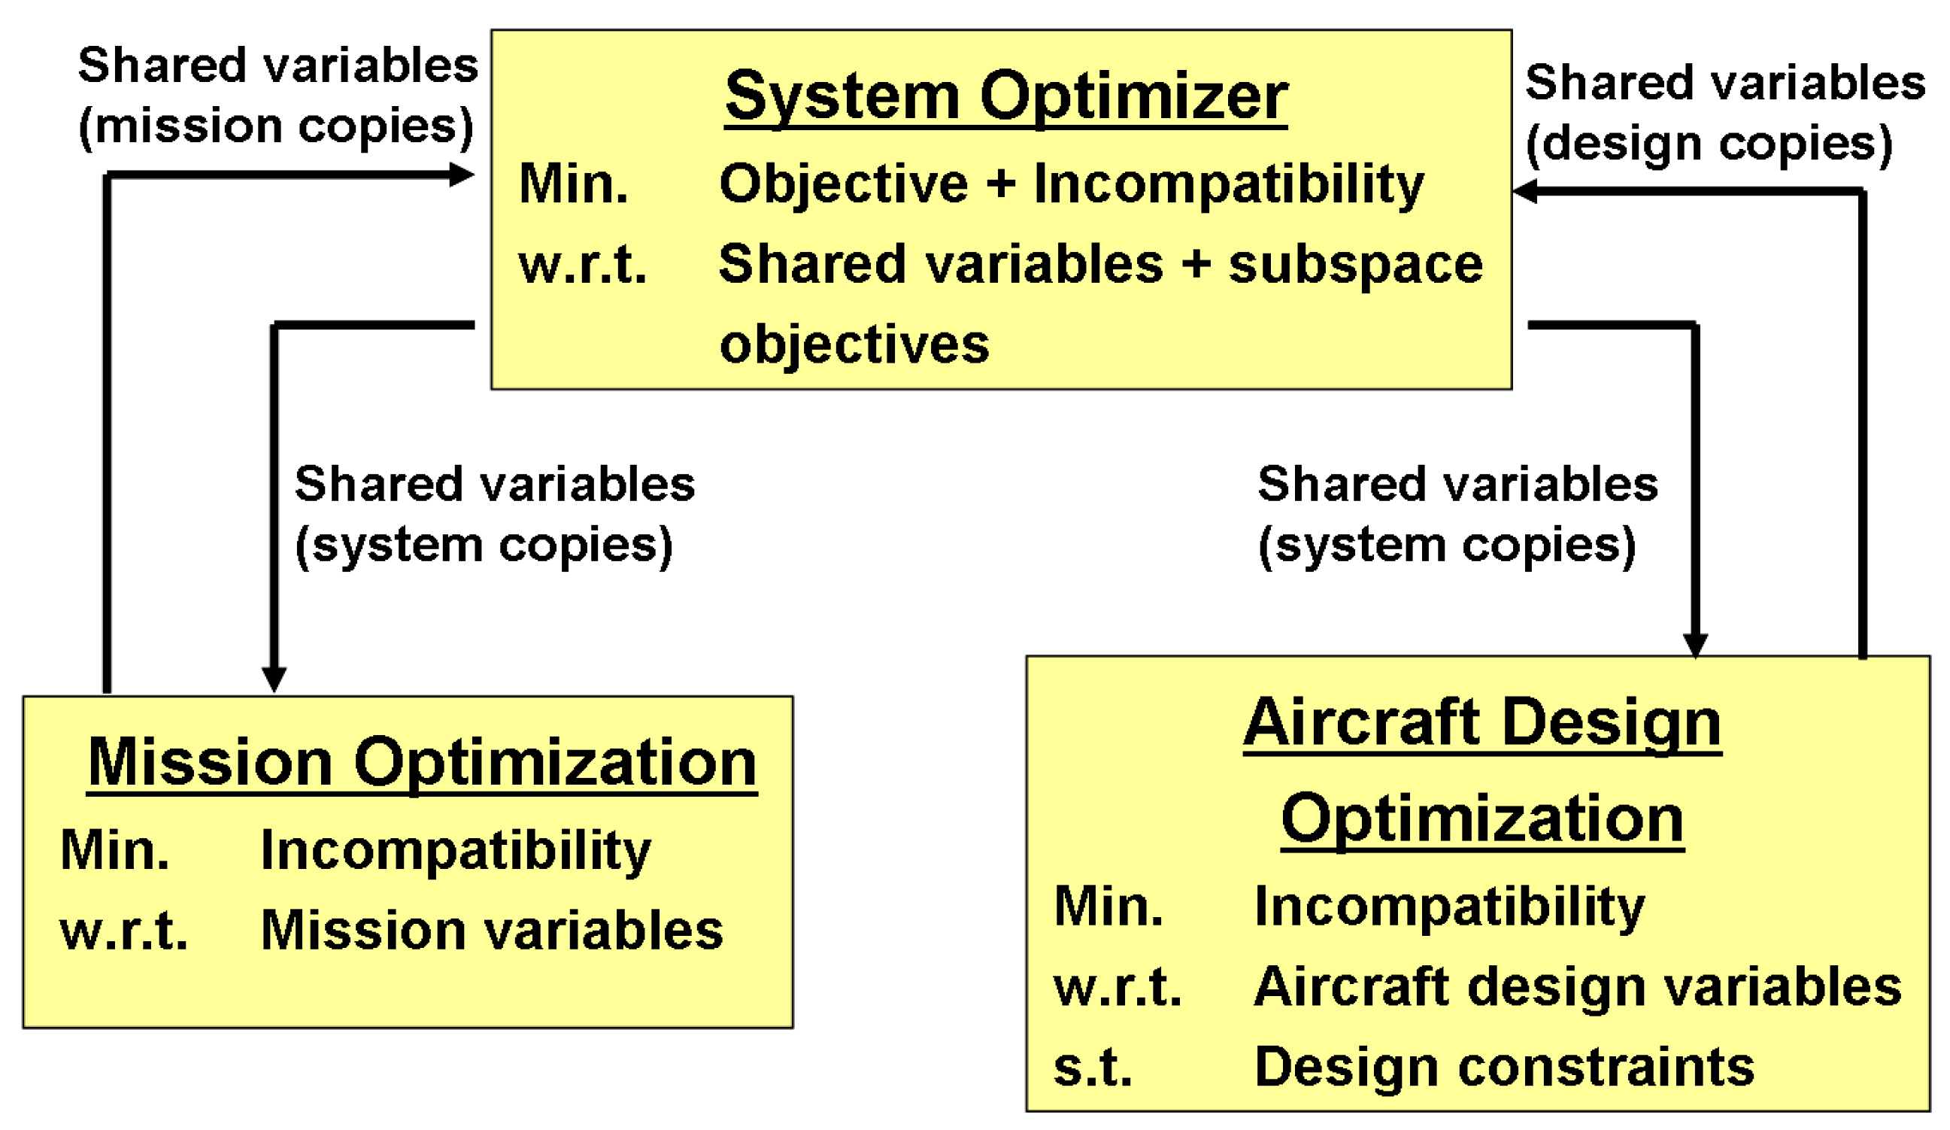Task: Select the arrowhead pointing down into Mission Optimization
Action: tap(274, 678)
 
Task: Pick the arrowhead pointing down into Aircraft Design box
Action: tap(1694, 643)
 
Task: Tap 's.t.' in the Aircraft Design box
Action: tap(1093, 1068)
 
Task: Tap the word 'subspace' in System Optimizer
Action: tap(1355, 265)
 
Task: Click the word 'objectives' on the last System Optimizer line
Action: tap(854, 344)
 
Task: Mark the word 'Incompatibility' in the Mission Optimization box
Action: tap(456, 850)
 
